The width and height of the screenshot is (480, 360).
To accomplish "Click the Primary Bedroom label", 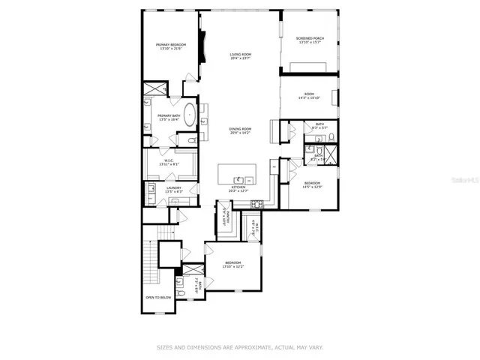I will pyautogui.click(x=171, y=45).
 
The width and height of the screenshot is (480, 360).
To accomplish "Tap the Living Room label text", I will pyautogui.click(x=240, y=55).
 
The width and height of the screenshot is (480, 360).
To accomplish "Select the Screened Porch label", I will pyautogui.click(x=309, y=38).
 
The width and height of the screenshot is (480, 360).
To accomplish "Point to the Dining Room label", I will pyautogui.click(x=240, y=129).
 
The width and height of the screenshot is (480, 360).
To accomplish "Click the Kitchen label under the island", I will pyautogui.click(x=238, y=188).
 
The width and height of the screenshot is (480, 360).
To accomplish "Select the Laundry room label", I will pyautogui.click(x=174, y=187).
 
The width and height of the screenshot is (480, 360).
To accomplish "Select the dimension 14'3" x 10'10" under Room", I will pyautogui.click(x=309, y=97).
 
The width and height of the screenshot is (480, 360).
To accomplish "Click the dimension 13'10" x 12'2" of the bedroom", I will pyautogui.click(x=232, y=267).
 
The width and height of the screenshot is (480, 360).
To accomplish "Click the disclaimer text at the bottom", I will pyautogui.click(x=240, y=347).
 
